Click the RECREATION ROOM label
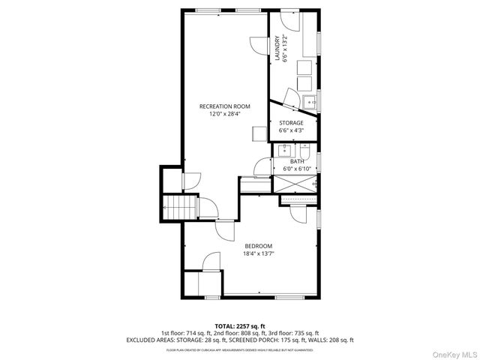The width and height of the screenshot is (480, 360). pos(224,106)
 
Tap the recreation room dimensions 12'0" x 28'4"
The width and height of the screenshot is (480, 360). pos(224,114)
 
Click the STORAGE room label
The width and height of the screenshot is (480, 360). pos(291,122)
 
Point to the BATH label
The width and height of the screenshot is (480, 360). pos(297,161)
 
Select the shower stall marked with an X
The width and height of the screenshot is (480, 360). pos(294,183)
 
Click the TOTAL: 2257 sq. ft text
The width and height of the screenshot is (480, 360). pos(239,326)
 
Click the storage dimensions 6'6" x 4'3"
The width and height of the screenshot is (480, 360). pos(291,130)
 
